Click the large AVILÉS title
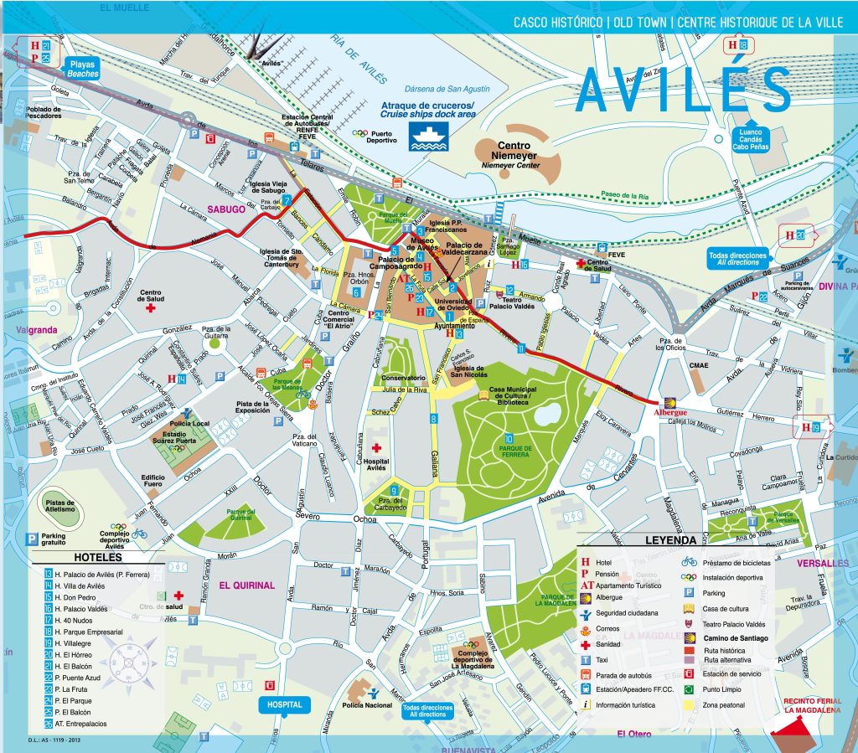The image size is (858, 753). [x=683, y=89]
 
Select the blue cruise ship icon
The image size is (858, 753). [x=428, y=136]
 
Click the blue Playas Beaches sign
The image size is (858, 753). [x=83, y=69]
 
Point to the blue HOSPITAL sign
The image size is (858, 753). [x=284, y=705]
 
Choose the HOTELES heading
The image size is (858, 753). [x=97, y=557]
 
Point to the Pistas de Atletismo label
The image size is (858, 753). [x=59, y=505]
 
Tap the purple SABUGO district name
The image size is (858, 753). [x=226, y=209]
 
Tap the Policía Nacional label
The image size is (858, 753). [x=367, y=706]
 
